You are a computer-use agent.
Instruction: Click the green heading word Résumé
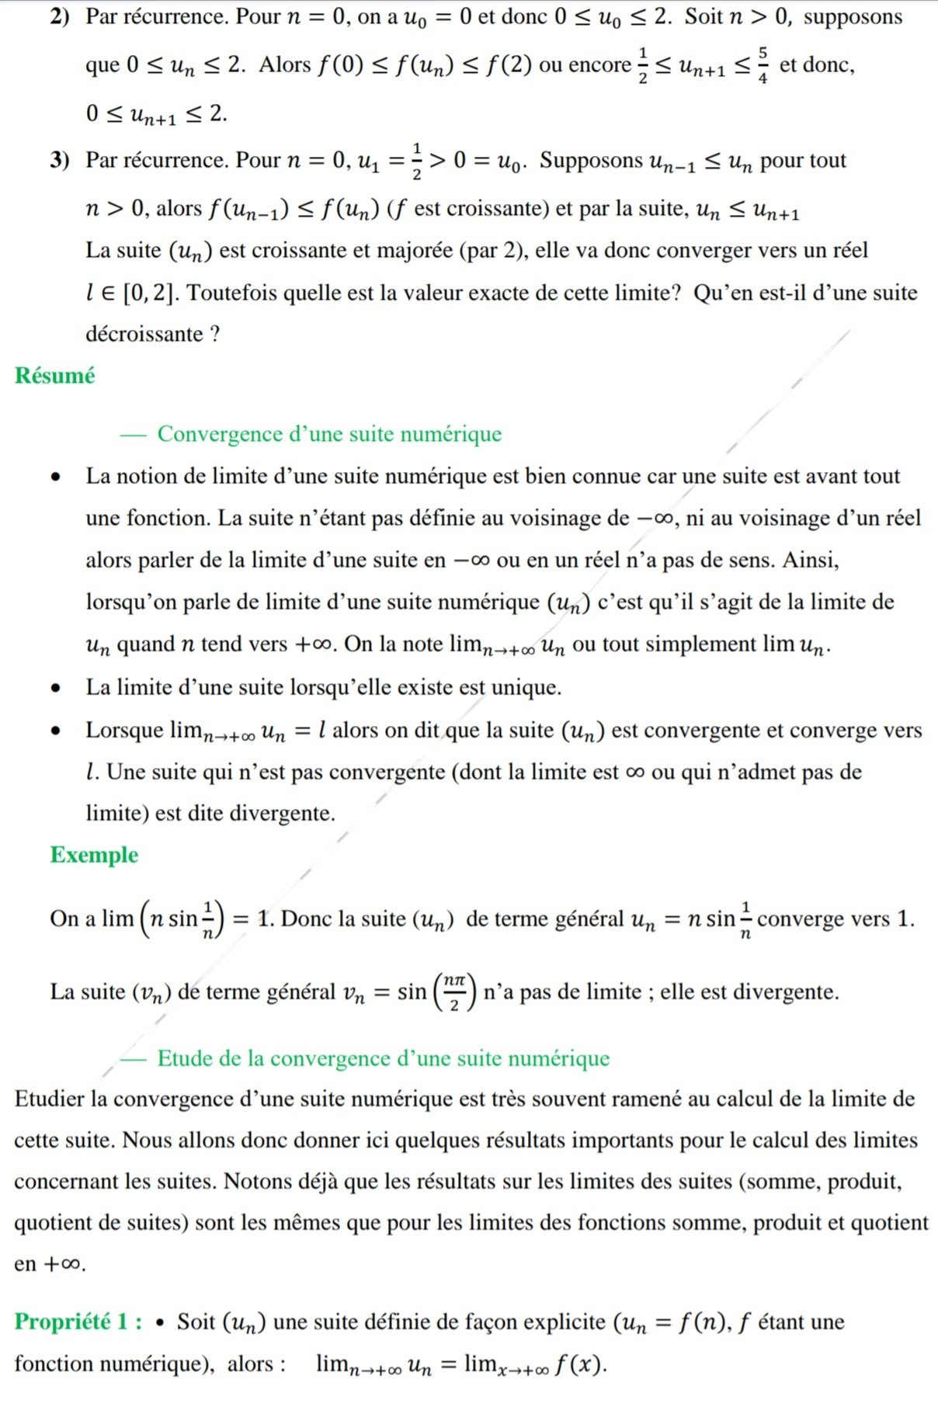coord(54,376)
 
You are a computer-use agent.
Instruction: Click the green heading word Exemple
coord(94,855)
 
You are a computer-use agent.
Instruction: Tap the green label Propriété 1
coord(78,1321)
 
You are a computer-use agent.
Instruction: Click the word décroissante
coord(144,334)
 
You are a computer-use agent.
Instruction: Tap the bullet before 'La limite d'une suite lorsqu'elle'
coord(55,688)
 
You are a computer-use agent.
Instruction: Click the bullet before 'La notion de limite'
coord(55,477)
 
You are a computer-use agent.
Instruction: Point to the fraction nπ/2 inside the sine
coord(454,992)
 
